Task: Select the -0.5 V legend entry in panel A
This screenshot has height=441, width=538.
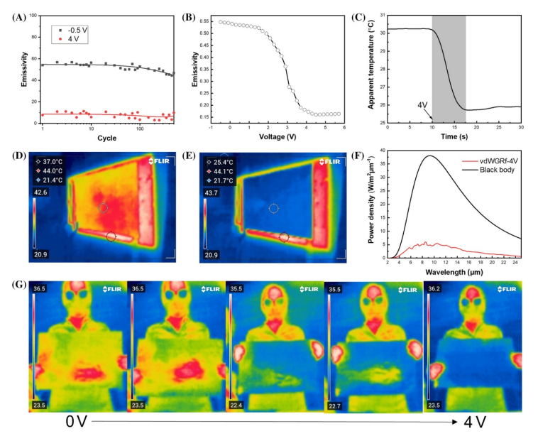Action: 73,31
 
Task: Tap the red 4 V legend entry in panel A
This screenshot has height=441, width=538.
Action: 69,40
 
